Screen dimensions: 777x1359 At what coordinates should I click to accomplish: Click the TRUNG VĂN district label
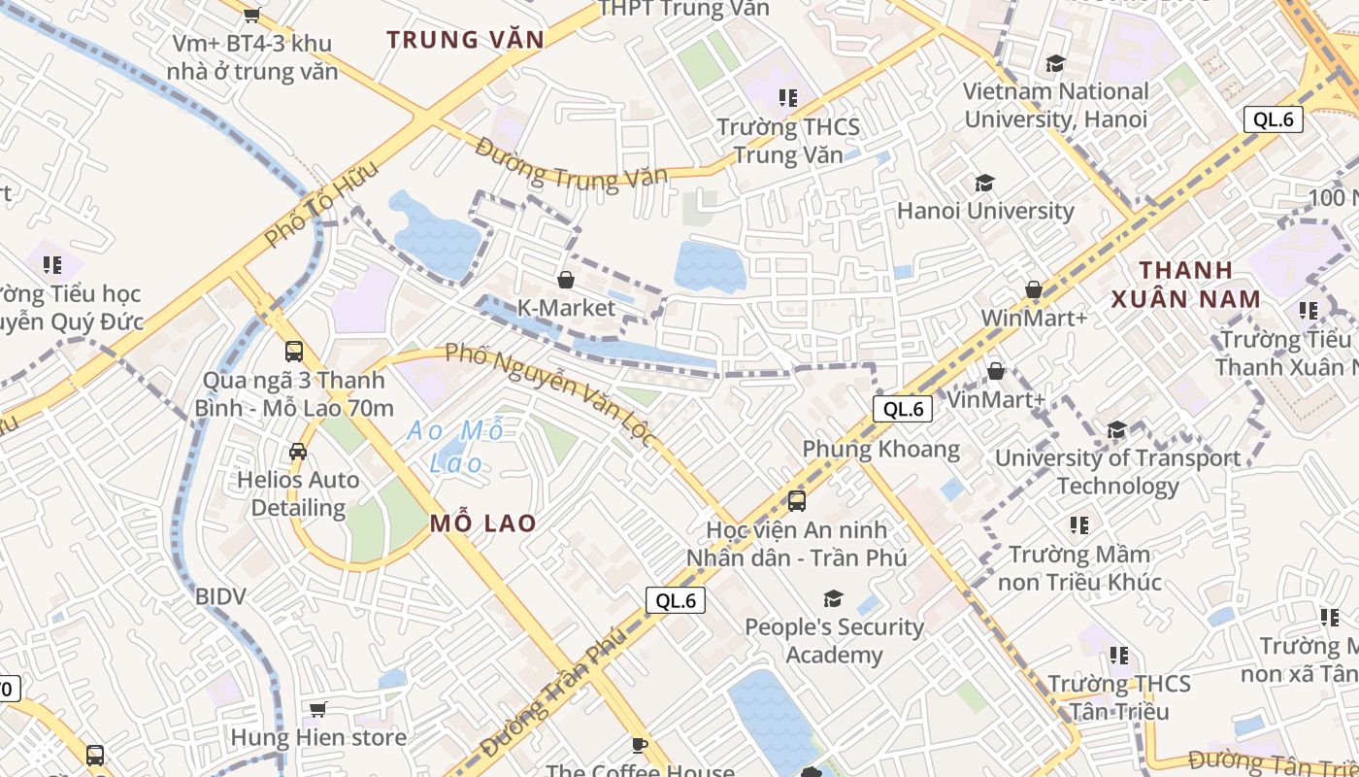pos(465,40)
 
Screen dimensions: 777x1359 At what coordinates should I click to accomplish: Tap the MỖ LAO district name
pos(482,524)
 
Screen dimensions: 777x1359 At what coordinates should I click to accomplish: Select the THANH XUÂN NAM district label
pos(1186,285)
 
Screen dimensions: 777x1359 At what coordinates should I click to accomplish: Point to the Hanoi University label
pos(985,211)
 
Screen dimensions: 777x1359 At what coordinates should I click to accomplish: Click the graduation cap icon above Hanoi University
pos(985,184)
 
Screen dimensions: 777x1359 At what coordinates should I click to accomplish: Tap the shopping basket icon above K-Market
pos(566,281)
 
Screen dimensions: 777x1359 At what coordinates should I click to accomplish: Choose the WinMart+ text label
pos(1034,318)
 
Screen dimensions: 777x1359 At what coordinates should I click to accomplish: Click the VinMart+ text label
pos(995,399)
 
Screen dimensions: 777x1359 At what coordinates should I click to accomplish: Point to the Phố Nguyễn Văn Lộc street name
pos(550,394)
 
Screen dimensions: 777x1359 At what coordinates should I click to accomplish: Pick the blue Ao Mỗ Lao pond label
pos(456,447)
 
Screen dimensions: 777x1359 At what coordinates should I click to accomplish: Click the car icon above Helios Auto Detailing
pos(298,452)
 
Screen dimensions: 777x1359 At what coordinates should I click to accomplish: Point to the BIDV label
pos(220,596)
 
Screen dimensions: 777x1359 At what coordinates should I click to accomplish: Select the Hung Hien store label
pos(318,738)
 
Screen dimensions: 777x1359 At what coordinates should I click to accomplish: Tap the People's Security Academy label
pos(834,641)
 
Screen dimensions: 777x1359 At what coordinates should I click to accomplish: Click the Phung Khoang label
pos(880,450)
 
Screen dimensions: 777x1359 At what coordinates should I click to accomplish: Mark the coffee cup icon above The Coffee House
pos(639,745)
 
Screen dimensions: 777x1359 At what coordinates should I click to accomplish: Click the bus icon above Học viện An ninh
pos(796,501)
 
